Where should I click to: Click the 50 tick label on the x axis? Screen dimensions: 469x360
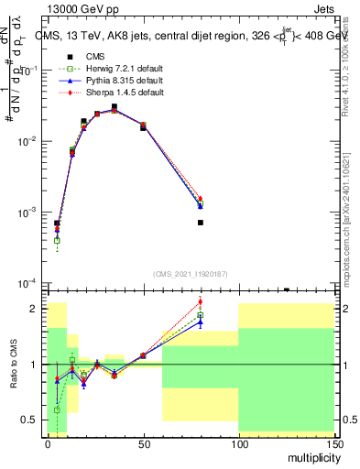[x=142, y=443]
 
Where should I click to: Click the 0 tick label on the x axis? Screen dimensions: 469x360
[x=48, y=443]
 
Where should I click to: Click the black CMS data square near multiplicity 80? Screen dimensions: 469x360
[x=200, y=223]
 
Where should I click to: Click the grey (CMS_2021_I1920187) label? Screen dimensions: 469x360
[x=189, y=273]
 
